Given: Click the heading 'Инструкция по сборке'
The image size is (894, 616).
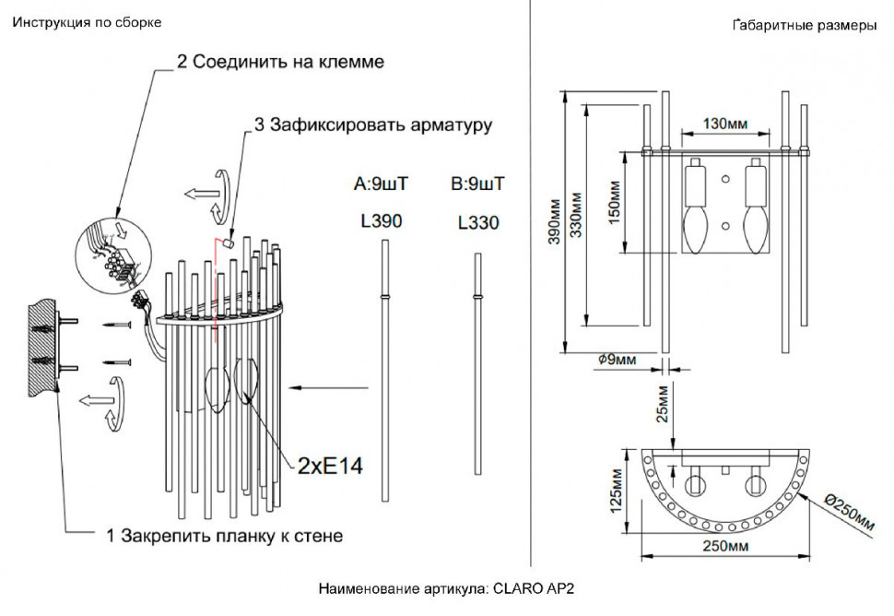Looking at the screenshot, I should pyautogui.click(x=87, y=22).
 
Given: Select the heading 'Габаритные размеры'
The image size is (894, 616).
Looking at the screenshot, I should pyautogui.click(x=804, y=26).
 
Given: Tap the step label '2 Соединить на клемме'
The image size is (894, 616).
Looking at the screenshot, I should pyautogui.click(x=280, y=62).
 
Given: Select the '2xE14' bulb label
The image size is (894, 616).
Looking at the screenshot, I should pyautogui.click(x=330, y=466).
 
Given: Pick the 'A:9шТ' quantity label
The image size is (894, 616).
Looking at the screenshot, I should pyautogui.click(x=381, y=184).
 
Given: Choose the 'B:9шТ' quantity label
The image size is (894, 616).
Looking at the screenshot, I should pyautogui.click(x=477, y=184).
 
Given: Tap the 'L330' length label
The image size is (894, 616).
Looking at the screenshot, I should pyautogui.click(x=477, y=222).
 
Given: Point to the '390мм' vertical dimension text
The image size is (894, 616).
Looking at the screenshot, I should pyautogui.click(x=555, y=222).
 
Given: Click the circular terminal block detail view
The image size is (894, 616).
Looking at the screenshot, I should pyautogui.click(x=111, y=255).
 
